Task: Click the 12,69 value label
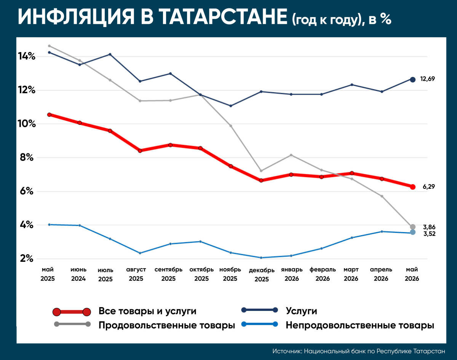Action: (427, 79)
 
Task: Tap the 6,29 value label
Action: (429, 186)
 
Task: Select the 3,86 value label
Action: (429, 227)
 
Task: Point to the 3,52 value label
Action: (430, 234)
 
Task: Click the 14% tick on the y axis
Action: (27, 56)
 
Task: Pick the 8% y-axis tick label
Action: (27, 158)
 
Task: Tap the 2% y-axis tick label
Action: (27, 258)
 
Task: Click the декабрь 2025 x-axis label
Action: (262, 275)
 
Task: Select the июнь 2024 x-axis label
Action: (78, 274)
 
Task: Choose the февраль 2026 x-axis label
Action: (323, 274)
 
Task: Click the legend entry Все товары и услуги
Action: (147, 311)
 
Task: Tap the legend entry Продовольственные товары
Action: (167, 325)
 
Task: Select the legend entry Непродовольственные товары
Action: (360, 325)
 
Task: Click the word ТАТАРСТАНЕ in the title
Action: (223, 17)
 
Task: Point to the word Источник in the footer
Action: (287, 351)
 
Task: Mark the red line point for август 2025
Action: (140, 151)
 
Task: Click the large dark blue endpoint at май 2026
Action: (412, 80)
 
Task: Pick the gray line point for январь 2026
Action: (291, 155)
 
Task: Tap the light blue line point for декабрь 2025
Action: (261, 258)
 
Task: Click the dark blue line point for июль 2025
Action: (110, 54)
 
